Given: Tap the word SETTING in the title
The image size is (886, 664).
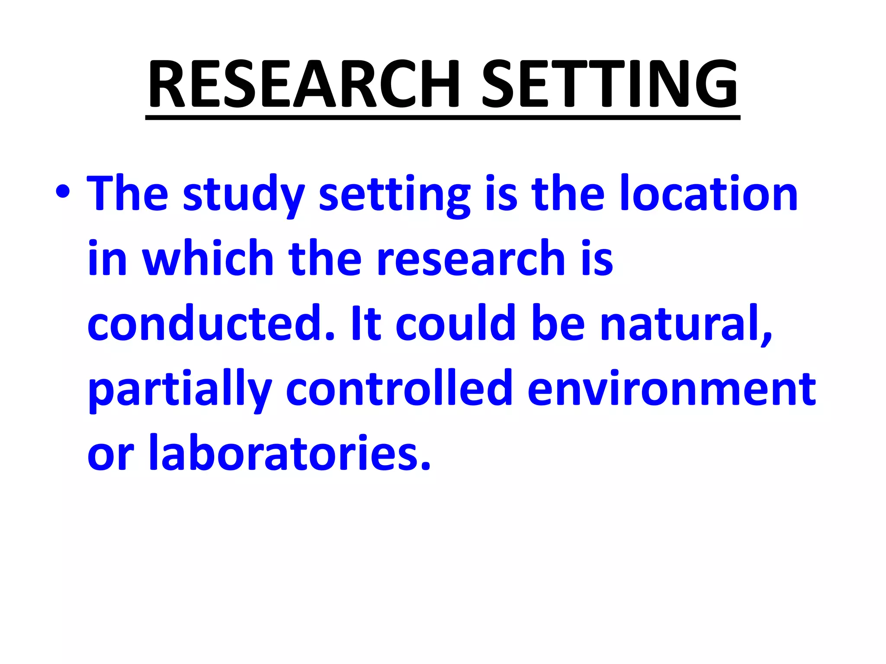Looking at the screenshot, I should (x=610, y=84).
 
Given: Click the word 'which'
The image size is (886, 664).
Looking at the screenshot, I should (x=208, y=258).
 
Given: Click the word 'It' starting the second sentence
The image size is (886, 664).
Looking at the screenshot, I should (x=366, y=323).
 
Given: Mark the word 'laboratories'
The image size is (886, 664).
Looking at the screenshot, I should (x=289, y=453).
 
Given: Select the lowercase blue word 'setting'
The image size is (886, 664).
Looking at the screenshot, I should (x=394, y=195).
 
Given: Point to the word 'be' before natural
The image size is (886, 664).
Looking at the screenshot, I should (x=558, y=323).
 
